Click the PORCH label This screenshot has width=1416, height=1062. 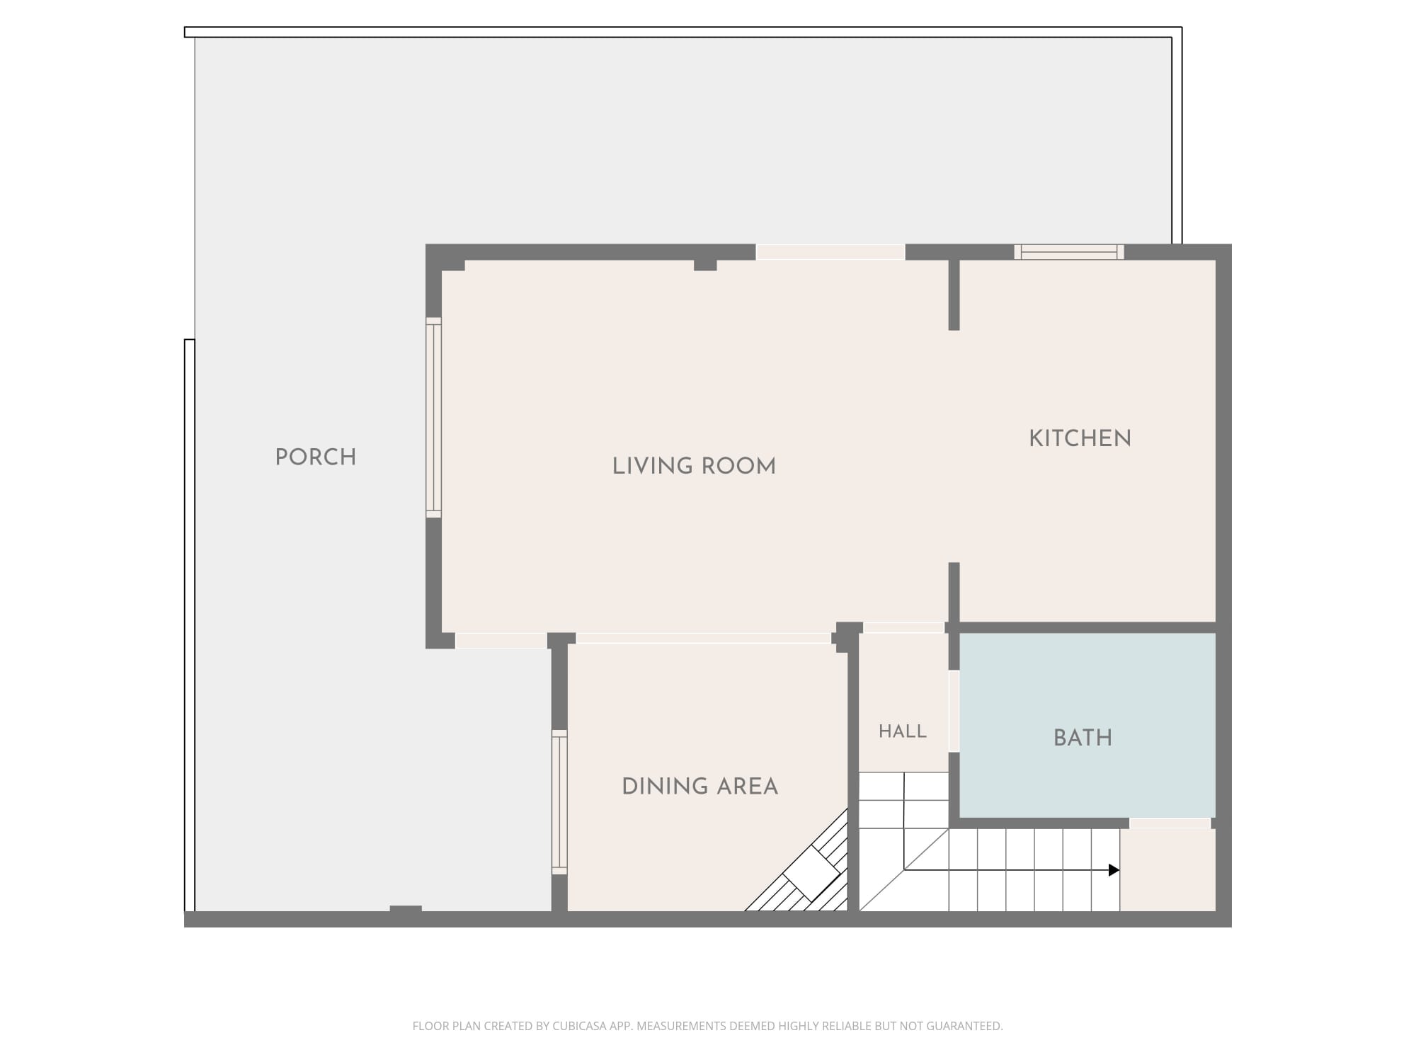316,457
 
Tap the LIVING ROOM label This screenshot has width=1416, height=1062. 694,466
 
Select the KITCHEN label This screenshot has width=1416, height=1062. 1080,438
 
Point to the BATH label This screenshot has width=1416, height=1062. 1083,738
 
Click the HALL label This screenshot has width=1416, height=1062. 903,731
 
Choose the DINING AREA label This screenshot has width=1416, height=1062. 700,787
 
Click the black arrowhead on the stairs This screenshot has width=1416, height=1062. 1114,870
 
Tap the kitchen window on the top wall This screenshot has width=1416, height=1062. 1069,252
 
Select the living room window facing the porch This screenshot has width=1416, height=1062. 433,418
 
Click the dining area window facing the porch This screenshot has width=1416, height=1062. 559,802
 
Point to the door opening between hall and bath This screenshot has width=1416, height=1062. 954,711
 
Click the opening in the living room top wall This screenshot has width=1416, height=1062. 830,252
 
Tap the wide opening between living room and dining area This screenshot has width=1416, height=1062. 704,638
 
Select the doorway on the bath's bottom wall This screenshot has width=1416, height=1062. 1170,823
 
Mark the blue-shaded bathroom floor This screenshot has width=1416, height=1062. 1087,725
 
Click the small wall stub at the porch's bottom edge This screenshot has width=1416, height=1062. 406,909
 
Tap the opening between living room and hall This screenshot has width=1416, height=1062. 904,627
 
